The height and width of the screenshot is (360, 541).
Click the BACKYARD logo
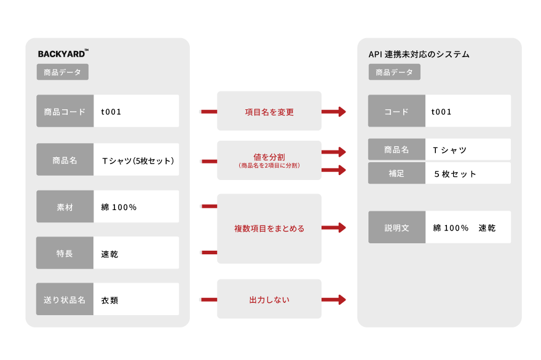(63, 53)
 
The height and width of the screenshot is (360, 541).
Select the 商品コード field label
(65, 111)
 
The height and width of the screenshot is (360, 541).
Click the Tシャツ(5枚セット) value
(138, 161)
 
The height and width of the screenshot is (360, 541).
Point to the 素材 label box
(65, 207)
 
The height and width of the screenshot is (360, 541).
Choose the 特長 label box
(65, 253)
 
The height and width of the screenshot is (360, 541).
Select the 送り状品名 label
(65, 300)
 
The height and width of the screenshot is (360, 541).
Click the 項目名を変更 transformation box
(269, 112)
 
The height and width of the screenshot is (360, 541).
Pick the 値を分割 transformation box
(269, 160)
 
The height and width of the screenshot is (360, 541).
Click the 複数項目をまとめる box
(269, 229)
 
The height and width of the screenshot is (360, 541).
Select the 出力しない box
(269, 300)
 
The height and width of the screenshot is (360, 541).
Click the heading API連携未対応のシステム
(419, 54)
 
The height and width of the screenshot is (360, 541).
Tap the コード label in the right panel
(397, 111)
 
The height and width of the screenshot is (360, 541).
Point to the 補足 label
(397, 174)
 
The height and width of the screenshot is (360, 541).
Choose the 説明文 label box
(397, 228)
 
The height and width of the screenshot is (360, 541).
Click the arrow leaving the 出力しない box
(334, 300)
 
